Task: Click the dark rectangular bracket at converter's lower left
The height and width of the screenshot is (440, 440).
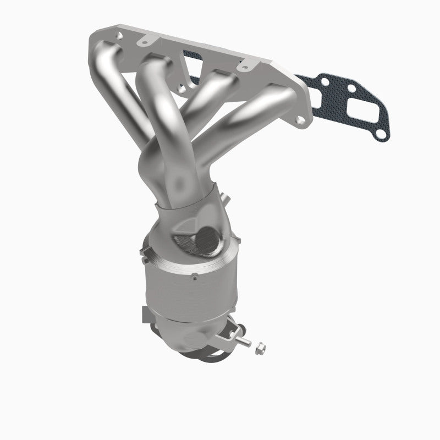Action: [x=147, y=315]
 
